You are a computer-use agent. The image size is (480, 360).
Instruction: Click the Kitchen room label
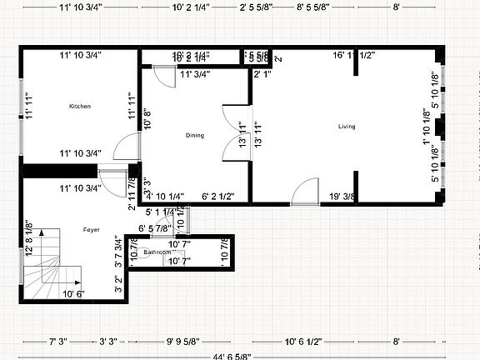pyautogui.click(x=80, y=107)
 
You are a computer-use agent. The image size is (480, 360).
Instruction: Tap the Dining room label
pyautogui.click(x=194, y=135)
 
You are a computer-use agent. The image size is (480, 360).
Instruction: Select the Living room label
pyautogui.click(x=347, y=127)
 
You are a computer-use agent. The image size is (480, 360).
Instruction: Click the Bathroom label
pyautogui.click(x=157, y=252)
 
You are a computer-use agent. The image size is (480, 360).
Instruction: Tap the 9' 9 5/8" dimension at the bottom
pyautogui.click(x=189, y=342)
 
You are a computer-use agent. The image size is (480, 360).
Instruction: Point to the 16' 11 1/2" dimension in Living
pyautogui.click(x=354, y=55)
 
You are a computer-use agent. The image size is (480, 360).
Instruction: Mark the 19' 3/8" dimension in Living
pyautogui.click(x=342, y=197)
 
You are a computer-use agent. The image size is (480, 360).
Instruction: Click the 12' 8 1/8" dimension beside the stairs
pyautogui.click(x=29, y=241)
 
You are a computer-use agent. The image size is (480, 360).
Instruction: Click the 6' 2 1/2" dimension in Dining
pyautogui.click(x=217, y=197)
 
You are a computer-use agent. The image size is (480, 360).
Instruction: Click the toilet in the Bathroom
pyautogui.click(x=179, y=252)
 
